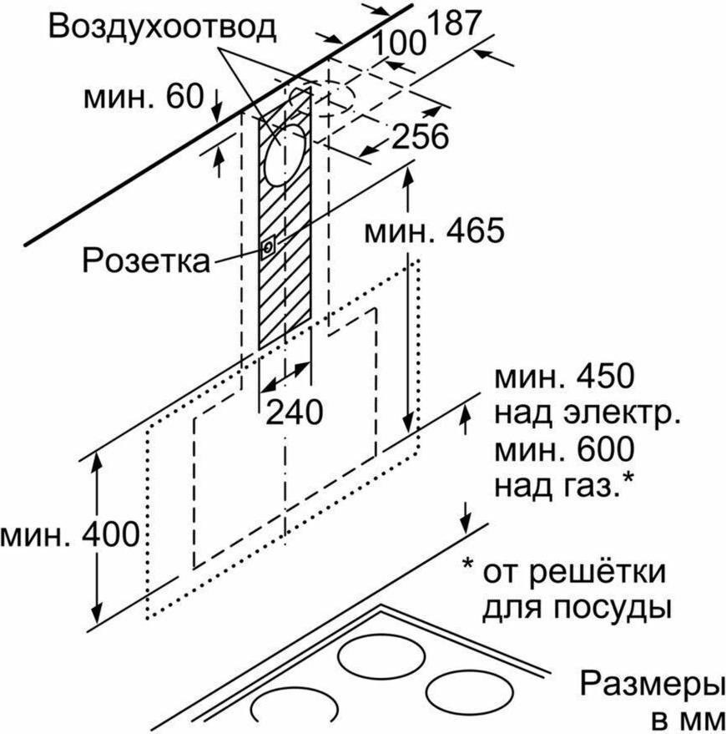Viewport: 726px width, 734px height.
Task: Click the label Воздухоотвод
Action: click(162, 27)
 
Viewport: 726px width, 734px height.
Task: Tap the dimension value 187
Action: click(454, 23)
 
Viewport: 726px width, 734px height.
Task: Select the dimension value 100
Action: click(399, 43)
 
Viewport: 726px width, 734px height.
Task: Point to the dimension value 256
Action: click(420, 136)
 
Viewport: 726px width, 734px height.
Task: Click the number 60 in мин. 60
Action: click(184, 96)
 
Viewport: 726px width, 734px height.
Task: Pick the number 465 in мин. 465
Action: click(475, 230)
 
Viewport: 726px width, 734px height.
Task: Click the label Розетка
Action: click(146, 261)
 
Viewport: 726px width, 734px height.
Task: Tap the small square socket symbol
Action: click(268, 246)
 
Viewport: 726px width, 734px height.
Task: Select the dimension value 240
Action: click(295, 413)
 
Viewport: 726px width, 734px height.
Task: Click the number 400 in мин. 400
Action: click(111, 534)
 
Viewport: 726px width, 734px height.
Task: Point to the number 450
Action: click(605, 377)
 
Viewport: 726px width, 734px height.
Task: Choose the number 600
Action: click(605, 449)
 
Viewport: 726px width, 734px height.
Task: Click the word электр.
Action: click(622, 413)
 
